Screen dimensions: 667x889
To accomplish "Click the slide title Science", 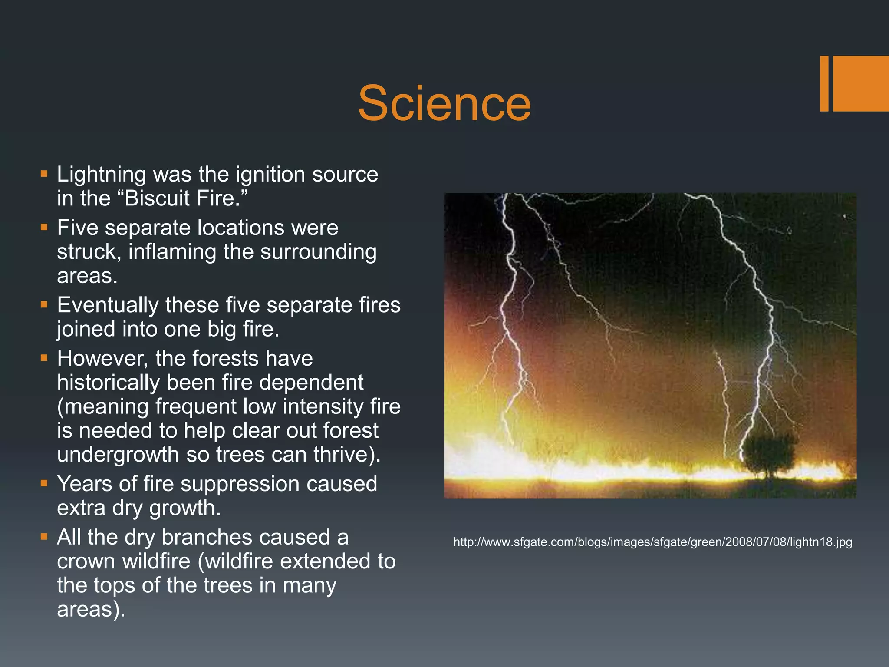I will (x=444, y=103).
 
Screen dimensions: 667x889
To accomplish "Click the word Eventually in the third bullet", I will (x=108, y=305).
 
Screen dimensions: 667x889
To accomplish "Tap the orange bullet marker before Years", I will (x=44, y=483).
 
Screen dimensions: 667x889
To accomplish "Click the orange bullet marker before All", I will (x=44, y=536).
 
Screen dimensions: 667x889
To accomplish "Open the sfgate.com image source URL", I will (x=652, y=542).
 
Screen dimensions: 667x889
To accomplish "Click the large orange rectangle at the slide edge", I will (x=861, y=83).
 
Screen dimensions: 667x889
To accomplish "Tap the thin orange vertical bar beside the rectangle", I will (x=824, y=83).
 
